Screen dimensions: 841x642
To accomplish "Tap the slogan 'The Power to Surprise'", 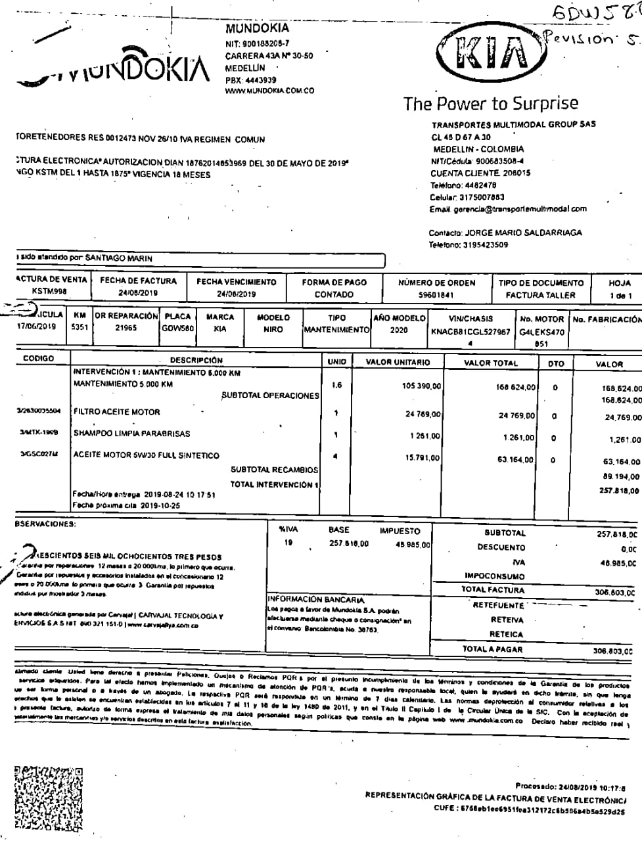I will [491, 104].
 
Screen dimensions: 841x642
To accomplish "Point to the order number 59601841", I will [437, 295].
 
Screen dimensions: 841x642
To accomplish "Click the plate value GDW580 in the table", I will [177, 328].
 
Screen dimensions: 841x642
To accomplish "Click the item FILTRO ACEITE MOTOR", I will [117, 413].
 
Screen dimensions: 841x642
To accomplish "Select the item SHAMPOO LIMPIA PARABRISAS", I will [131, 434].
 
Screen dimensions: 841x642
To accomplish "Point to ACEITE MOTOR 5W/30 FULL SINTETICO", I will [146, 455].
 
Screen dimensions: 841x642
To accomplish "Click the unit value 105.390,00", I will [421, 386].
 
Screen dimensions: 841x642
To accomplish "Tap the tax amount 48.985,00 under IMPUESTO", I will [413, 545].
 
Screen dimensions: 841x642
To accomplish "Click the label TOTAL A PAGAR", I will [492, 649].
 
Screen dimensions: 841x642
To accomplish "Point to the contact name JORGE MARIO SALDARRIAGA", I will [523, 233].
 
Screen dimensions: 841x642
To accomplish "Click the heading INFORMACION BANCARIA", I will [315, 599].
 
